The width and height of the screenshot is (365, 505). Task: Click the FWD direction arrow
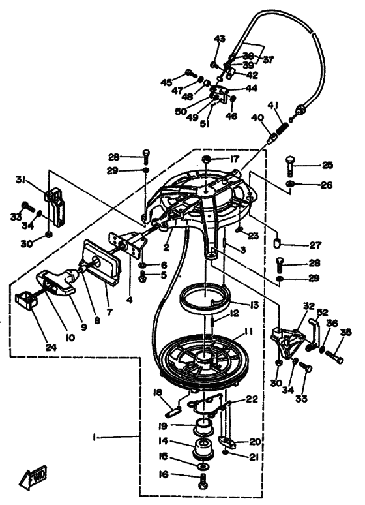tap(33, 476)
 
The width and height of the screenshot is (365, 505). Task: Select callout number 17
tap(235, 159)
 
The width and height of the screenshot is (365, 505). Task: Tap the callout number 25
tap(327, 166)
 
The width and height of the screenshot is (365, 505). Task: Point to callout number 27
tap(315, 245)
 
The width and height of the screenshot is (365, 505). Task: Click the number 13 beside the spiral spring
tap(254, 305)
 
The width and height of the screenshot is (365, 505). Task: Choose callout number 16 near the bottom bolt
tap(164, 474)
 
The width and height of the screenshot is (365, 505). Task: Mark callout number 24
tap(51, 348)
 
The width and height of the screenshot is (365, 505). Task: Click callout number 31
tap(21, 180)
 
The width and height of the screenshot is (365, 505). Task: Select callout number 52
tap(322, 313)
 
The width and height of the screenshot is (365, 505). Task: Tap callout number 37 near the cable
tap(269, 60)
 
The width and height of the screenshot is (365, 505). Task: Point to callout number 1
tap(94, 438)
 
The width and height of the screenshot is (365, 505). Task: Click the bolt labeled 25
tap(290, 166)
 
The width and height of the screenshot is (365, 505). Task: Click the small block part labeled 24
tap(26, 301)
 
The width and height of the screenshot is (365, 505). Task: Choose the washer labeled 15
tap(203, 466)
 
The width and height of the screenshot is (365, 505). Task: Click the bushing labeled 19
tap(203, 426)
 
